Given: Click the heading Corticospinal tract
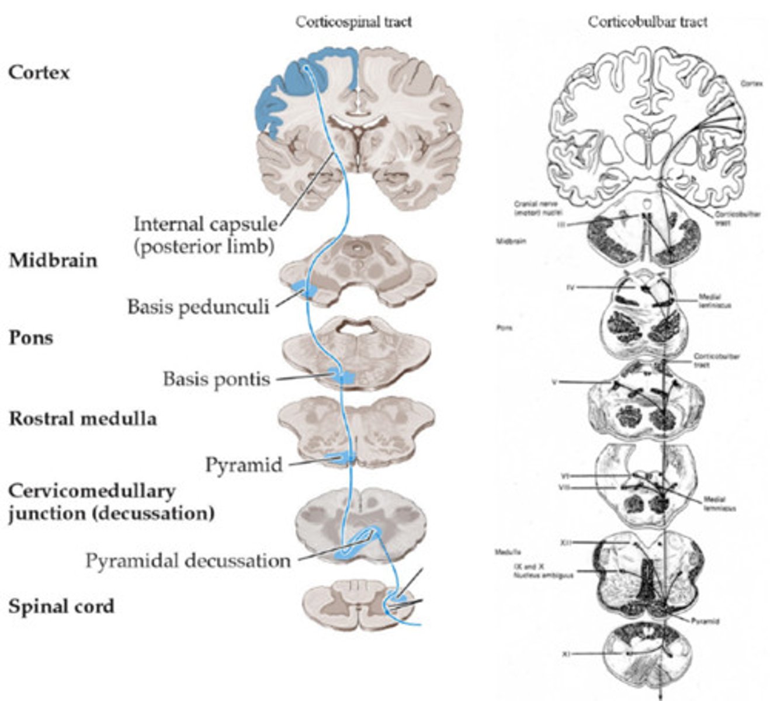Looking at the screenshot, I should (x=353, y=22).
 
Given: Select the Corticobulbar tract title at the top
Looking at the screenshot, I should (x=647, y=22).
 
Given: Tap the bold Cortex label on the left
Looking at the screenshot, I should (x=39, y=72).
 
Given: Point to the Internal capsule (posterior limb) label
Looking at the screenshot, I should (x=204, y=235).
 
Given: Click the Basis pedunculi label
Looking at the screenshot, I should (x=198, y=306).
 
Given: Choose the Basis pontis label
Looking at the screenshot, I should (x=216, y=379).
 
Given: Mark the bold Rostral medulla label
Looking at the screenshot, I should (x=82, y=419).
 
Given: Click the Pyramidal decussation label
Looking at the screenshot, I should (x=188, y=560).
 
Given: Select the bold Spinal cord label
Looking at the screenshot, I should (x=61, y=606).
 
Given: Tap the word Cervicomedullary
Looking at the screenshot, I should (x=91, y=491).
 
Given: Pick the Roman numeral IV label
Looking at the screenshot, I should (x=571, y=287).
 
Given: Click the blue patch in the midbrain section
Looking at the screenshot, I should (x=304, y=289).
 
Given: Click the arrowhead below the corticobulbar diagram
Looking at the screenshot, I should (x=661, y=695).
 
